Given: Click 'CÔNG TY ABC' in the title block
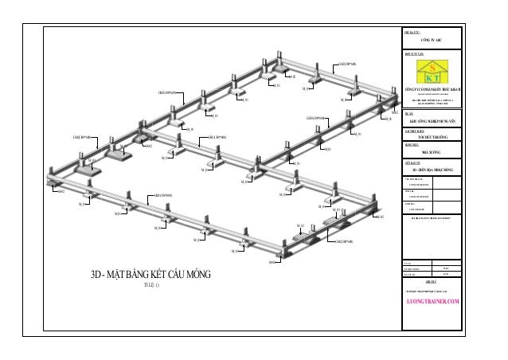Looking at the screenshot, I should tap(431, 37).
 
